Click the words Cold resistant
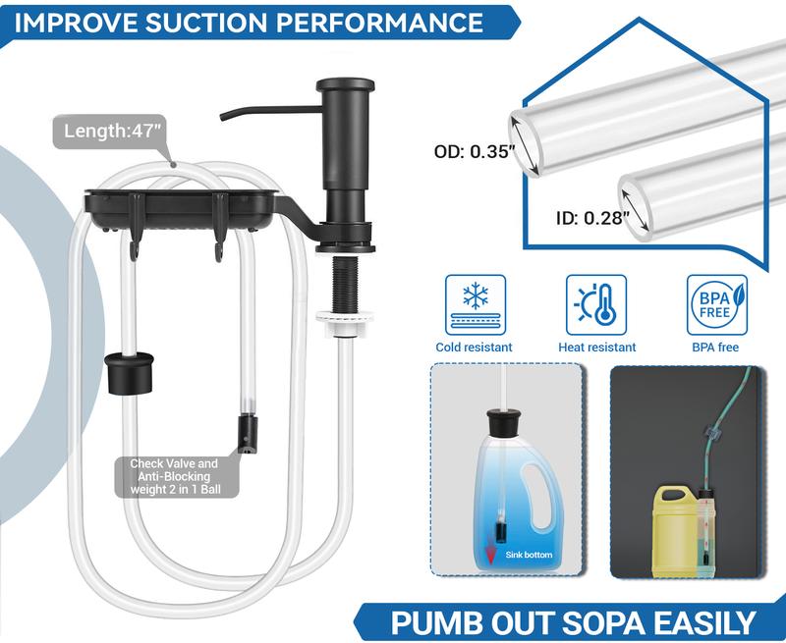pos(475,347)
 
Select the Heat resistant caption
pos(596,347)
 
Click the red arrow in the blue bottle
pos(489,555)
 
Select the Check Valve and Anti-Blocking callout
pos(174,477)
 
